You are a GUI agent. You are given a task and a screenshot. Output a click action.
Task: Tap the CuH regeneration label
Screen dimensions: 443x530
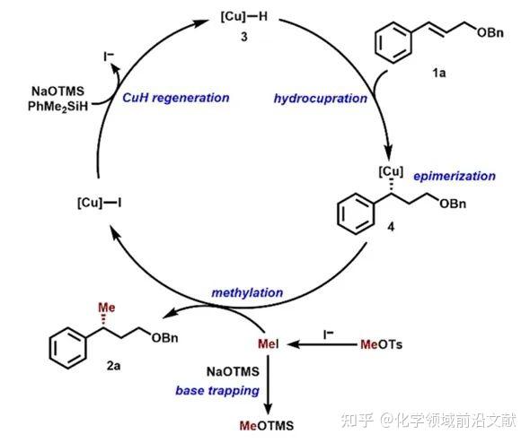coord(176,97)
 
